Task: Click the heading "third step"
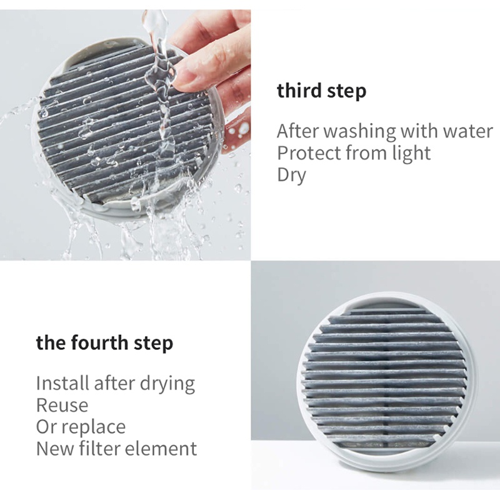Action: tap(321, 91)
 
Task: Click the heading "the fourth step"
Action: tap(104, 343)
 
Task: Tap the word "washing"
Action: tap(361, 131)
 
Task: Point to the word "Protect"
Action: tap(309, 153)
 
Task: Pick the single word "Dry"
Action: tap(291, 176)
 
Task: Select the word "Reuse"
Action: tap(62, 405)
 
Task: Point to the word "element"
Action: tap(161, 449)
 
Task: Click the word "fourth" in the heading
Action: tap(99, 343)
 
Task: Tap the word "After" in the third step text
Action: tap(298, 131)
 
